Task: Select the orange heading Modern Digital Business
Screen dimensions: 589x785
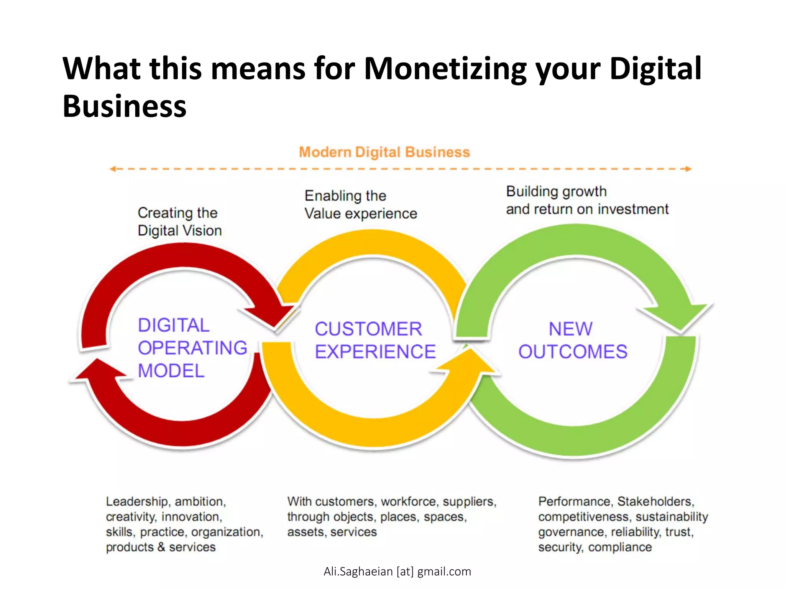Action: (x=384, y=152)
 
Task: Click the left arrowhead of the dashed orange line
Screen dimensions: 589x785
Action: (x=113, y=169)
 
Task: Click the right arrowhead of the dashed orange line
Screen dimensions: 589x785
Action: (x=688, y=169)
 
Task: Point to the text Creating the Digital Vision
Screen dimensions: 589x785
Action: (x=179, y=222)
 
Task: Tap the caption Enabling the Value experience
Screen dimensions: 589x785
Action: (x=360, y=205)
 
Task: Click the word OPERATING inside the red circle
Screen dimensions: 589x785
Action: (x=192, y=348)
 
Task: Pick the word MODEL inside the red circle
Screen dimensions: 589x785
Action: (x=171, y=371)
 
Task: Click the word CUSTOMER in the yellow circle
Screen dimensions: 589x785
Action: (x=368, y=329)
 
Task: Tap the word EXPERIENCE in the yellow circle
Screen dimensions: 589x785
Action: (x=375, y=352)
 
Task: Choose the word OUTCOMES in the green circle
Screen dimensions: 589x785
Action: (x=573, y=352)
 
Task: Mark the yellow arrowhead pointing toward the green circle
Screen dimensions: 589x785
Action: (x=471, y=360)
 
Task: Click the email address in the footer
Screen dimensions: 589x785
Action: (x=397, y=571)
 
